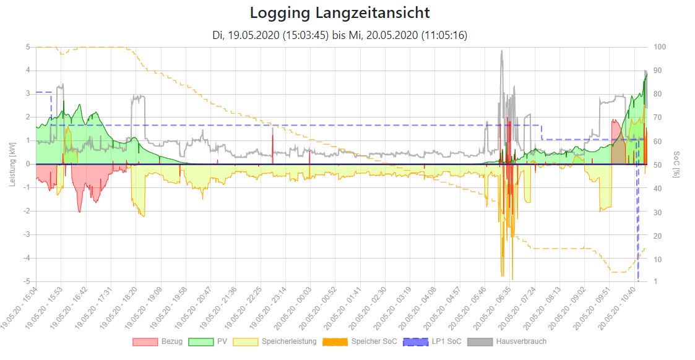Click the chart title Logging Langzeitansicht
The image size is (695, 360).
tap(340, 12)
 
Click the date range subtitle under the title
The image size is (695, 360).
tap(340, 35)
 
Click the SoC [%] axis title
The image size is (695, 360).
tap(676, 164)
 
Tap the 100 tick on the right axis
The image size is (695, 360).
tap(660, 47)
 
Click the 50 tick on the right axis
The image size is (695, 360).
tap(658, 164)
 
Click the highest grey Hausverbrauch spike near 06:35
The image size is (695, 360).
tap(502, 51)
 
